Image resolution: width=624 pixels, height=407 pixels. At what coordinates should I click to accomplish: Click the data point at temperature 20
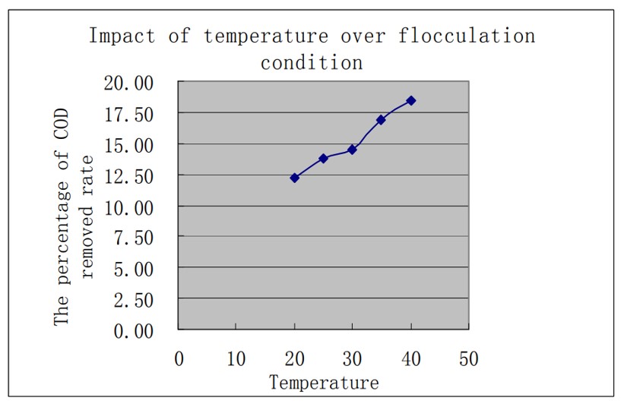(x=294, y=178)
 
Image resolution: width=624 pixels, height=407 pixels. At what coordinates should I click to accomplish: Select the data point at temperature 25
(x=323, y=158)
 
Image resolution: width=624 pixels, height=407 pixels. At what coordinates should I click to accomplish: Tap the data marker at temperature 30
(x=352, y=150)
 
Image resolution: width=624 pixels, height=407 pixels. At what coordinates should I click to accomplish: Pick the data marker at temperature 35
(x=381, y=120)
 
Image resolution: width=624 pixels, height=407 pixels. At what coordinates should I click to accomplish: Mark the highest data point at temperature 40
(x=410, y=100)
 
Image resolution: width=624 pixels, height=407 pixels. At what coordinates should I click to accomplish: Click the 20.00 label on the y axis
(x=133, y=83)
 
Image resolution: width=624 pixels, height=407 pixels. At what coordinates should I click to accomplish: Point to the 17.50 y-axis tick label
(x=133, y=114)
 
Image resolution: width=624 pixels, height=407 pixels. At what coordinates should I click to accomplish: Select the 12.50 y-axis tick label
(x=133, y=175)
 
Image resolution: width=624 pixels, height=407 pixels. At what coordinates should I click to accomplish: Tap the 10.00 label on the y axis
(x=133, y=207)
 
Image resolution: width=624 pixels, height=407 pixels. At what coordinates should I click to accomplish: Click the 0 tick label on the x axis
(x=179, y=358)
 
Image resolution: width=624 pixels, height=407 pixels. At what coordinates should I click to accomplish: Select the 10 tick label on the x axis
(x=236, y=358)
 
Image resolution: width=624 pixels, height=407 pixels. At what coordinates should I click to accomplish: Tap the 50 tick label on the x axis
(x=469, y=358)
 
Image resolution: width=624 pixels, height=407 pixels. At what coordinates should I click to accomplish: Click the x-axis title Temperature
(x=323, y=382)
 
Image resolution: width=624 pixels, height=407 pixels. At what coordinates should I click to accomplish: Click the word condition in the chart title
(x=312, y=62)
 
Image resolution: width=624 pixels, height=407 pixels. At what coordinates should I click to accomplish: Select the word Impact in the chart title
(x=120, y=36)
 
